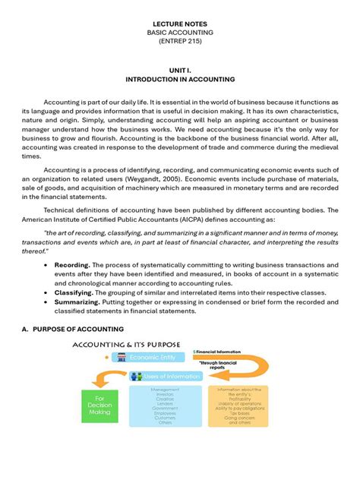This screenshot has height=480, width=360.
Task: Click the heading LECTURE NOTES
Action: pos(180,24)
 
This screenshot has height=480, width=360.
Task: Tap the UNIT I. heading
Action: pos(180,68)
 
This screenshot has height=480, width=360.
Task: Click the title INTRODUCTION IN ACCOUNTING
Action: pos(180,78)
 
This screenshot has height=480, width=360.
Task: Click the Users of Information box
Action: pos(162,375)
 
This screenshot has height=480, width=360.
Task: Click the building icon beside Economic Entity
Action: pos(121,356)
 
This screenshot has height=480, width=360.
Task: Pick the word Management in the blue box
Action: pos(165,389)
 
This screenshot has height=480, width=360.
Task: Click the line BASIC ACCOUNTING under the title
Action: pos(180,33)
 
